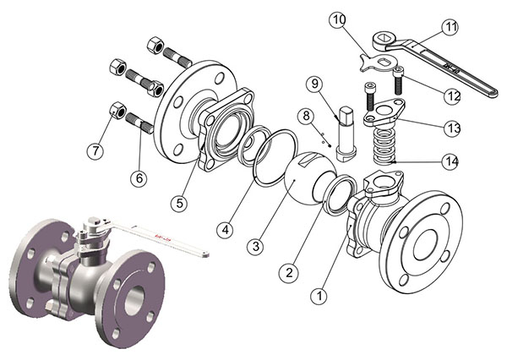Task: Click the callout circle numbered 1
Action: click(318, 297)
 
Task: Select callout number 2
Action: click(289, 271)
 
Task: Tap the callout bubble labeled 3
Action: click(253, 246)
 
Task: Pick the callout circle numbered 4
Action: click(224, 227)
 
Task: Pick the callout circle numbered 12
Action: click(453, 95)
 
